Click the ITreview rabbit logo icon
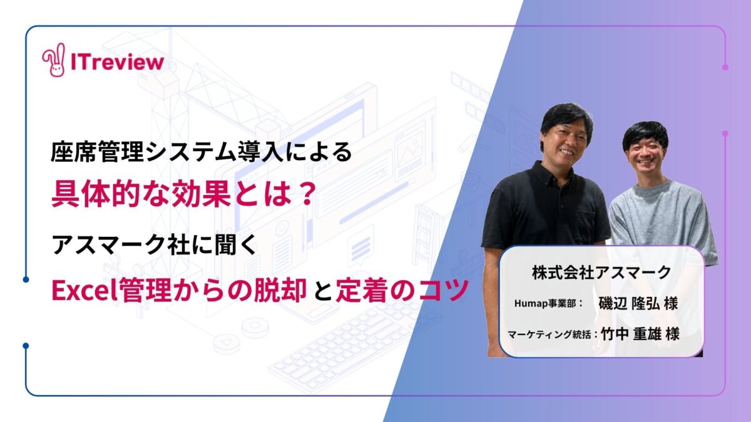point(54,60)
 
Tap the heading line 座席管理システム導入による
point(201,152)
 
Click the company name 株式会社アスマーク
point(602,273)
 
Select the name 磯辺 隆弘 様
point(638,303)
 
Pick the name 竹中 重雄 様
point(640,334)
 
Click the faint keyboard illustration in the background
point(352,348)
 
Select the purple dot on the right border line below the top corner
point(725,67)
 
